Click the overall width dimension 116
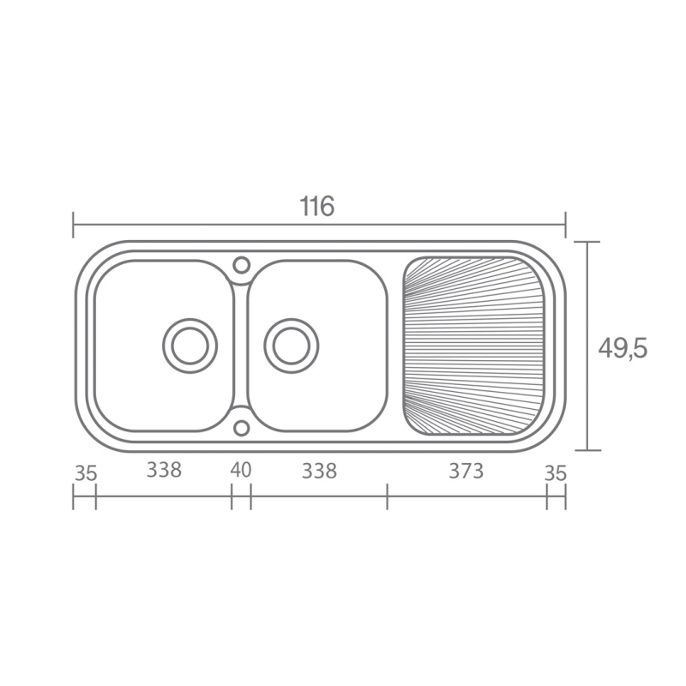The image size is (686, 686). [x=317, y=206]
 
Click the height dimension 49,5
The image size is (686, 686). [x=623, y=349]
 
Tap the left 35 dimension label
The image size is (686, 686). [x=85, y=473]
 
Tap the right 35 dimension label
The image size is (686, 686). [x=556, y=473]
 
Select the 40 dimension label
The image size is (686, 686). [x=241, y=470]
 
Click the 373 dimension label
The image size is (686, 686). [x=466, y=471]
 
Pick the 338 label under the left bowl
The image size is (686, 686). [x=164, y=470]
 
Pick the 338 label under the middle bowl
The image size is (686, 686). [x=319, y=471]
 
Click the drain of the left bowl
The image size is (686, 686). [x=190, y=346]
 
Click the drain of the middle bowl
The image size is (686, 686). [x=292, y=346]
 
